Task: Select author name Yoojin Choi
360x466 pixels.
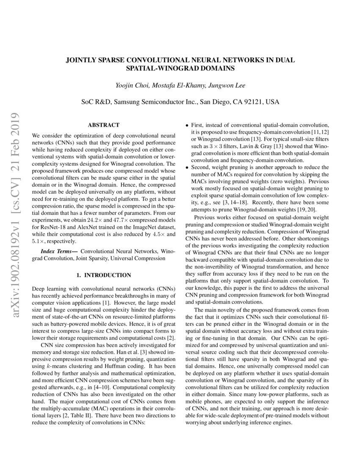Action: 130,86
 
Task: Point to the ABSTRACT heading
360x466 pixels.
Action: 103,125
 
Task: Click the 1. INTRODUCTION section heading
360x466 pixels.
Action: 103,275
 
